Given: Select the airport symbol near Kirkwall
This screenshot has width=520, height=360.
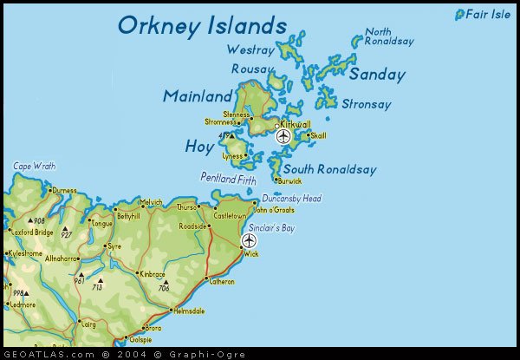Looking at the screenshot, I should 283,136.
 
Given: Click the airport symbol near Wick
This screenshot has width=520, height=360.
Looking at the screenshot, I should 250,240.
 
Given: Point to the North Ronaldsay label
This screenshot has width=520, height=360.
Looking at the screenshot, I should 389,36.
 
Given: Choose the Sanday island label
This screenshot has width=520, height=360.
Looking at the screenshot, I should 377,75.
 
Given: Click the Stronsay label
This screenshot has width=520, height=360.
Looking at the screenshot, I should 367,104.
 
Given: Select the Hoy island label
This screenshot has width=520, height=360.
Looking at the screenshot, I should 198,147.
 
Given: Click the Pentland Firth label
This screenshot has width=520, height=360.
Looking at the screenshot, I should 228,177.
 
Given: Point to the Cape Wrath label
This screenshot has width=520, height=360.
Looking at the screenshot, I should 34,166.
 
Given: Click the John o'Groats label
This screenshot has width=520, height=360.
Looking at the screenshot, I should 273,210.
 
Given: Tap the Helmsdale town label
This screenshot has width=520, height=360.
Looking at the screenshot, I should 188,311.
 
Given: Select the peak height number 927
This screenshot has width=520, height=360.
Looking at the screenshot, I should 67,234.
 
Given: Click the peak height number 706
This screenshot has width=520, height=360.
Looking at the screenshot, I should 163,287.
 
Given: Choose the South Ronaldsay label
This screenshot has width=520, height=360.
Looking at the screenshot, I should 329,169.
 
